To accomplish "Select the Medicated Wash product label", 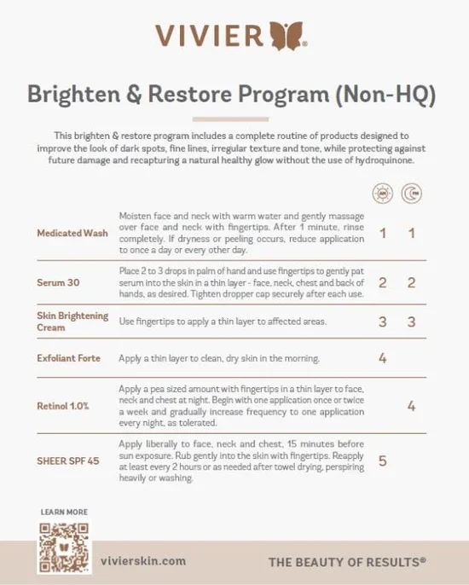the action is click(72, 233).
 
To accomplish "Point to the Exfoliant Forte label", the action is click(69, 358).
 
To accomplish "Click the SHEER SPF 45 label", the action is click(68, 460).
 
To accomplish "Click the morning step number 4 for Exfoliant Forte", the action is click(383, 358).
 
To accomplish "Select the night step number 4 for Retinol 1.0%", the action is click(411, 406).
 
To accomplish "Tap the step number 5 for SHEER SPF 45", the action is click(383, 460).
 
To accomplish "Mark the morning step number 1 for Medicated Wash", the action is click(383, 233).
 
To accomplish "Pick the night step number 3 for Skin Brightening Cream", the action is click(411, 321).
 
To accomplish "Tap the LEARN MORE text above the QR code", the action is click(63, 512).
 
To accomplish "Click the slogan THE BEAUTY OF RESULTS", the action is click(346, 562).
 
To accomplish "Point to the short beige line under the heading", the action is click(234, 119).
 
